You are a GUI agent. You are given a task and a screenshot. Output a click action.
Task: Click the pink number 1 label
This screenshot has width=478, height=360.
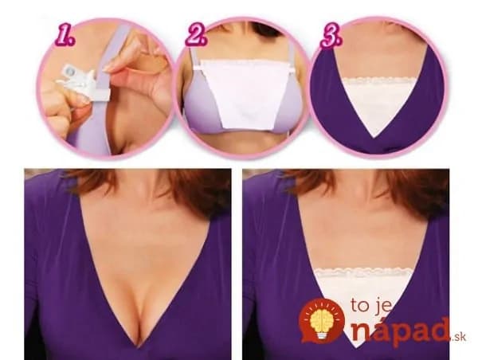65,37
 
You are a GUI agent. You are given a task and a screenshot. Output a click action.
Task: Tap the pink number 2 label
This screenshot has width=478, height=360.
197,37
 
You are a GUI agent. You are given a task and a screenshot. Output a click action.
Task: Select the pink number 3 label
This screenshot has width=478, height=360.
331,37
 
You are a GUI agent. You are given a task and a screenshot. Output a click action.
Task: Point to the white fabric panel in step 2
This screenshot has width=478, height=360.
245,93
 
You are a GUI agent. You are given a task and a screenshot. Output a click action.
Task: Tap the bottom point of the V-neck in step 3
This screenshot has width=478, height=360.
377,136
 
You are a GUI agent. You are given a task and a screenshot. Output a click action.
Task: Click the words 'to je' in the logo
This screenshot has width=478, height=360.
370,305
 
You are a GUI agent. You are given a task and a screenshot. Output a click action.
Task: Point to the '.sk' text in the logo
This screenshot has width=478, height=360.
459,337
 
